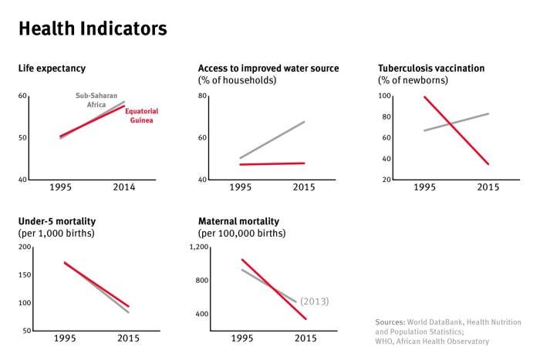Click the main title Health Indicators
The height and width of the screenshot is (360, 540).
point(92,29)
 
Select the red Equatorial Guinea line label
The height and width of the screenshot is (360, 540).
point(141,116)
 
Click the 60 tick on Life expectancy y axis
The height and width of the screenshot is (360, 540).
point(22,96)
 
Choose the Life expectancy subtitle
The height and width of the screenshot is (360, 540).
point(52,69)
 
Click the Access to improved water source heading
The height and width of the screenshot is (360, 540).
point(268,69)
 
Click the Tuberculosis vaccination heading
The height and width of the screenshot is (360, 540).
point(430,69)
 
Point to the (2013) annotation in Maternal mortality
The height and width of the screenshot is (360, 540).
point(314,301)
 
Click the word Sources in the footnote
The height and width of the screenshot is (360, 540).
point(391,321)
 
